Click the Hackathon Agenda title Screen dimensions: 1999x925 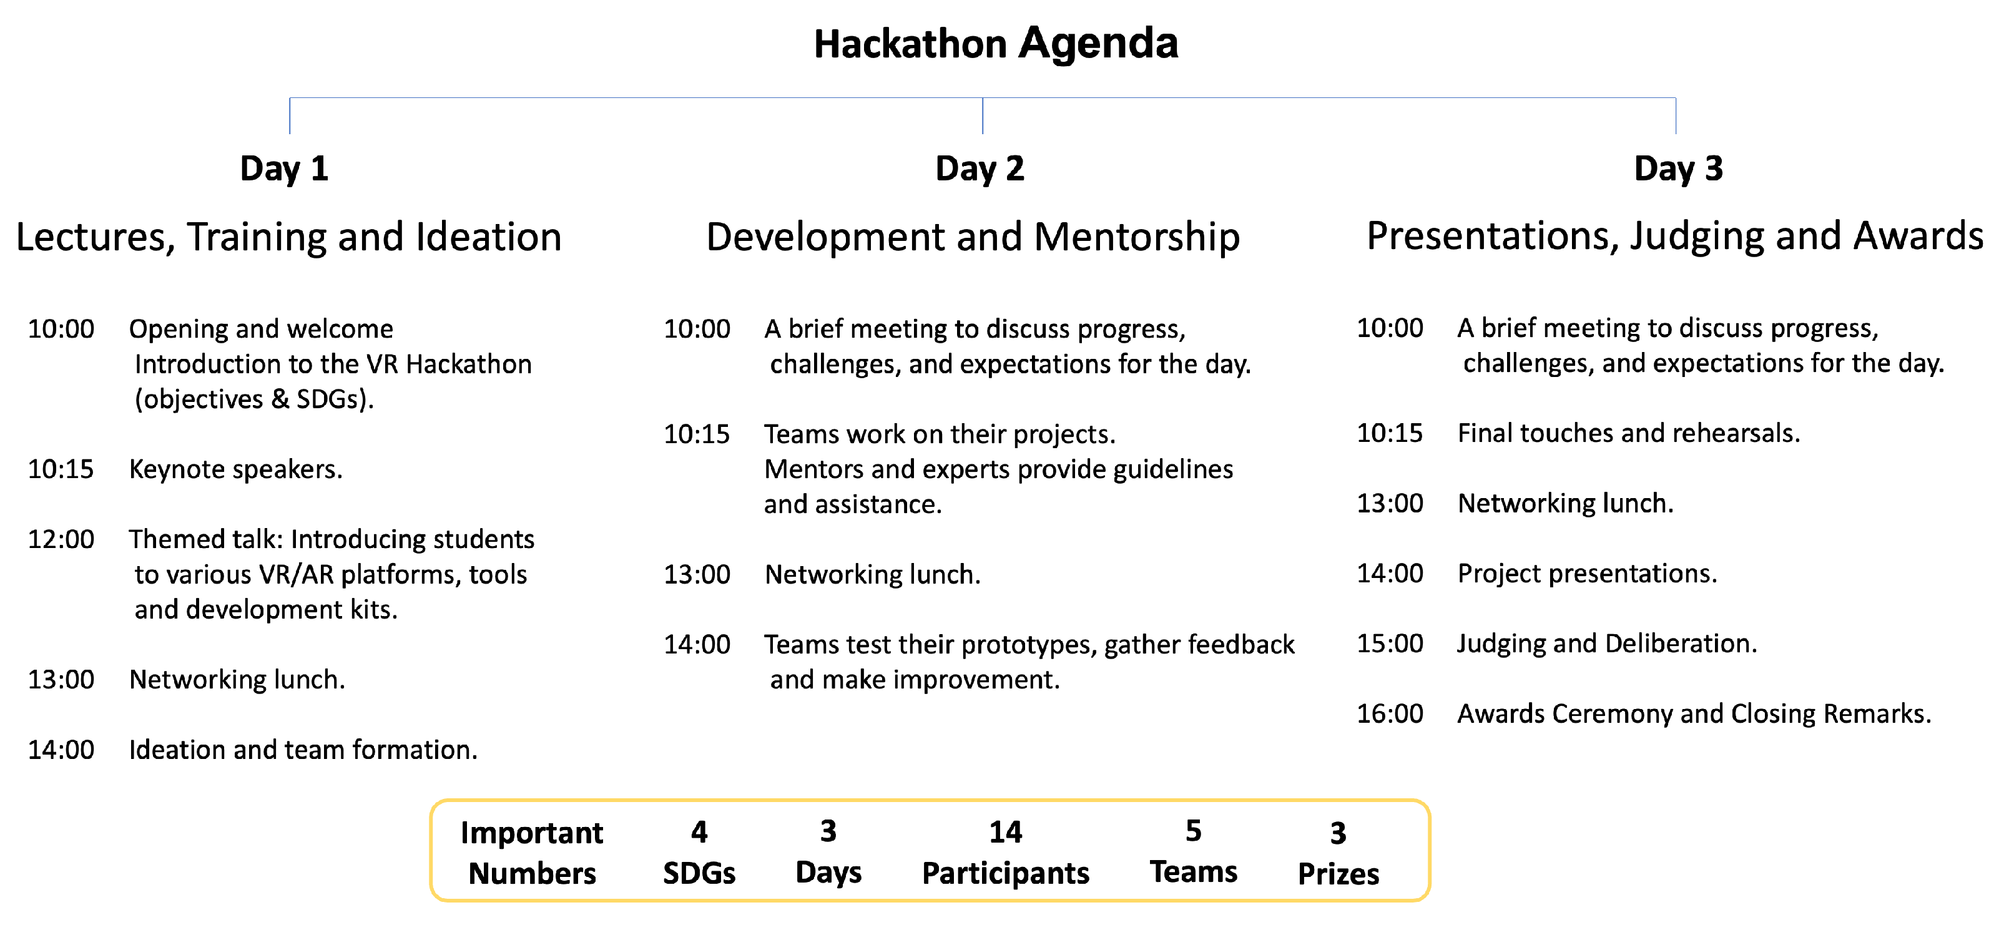tap(996, 44)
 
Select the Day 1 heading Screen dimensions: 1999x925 tap(284, 169)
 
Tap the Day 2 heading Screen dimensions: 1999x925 tap(980, 169)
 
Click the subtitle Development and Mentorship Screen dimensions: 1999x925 tap(973, 237)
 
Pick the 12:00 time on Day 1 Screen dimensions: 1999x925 tap(61, 539)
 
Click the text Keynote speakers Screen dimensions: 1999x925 tap(236, 470)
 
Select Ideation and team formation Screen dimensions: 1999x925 tap(303, 750)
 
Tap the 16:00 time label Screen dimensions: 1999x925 tap(1390, 714)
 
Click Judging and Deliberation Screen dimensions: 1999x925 tap(1607, 644)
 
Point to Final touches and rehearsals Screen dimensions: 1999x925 tap(1629, 433)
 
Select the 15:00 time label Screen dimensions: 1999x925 tap(1390, 644)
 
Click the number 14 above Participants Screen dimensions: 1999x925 tap(1006, 833)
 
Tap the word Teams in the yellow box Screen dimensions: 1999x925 tap(1194, 872)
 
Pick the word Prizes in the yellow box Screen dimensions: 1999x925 tap(1338, 874)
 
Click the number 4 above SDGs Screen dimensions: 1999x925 tap(699, 833)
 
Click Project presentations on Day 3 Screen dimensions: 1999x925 tap(1588, 574)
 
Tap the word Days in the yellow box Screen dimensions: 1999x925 tap(829, 873)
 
